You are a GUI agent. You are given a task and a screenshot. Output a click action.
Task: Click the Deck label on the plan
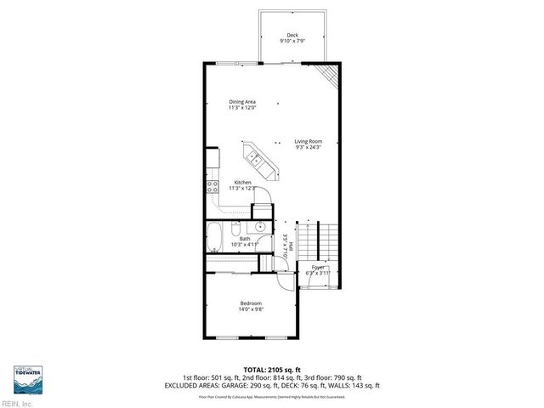[292, 35]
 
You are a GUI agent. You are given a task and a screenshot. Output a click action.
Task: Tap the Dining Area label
[242, 102]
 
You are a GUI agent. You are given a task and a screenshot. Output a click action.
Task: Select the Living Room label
[309, 141]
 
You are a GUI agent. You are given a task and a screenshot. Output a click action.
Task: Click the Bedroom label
[250, 303]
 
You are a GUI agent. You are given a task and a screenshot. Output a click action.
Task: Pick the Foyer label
[319, 267]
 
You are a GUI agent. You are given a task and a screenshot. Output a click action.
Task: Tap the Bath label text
[245, 239]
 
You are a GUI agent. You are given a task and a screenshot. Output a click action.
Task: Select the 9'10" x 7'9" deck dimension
[292, 41]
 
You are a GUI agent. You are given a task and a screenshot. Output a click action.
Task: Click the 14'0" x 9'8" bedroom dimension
[250, 309]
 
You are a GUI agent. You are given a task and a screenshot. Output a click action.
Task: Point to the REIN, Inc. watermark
[17, 404]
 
